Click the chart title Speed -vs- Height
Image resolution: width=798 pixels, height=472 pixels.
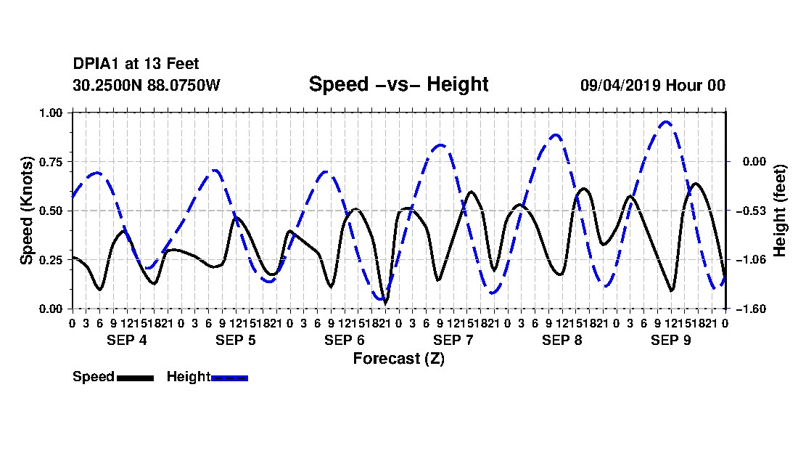398,84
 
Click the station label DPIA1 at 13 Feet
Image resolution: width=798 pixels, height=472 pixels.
136,64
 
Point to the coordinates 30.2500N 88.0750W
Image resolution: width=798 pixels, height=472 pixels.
147,85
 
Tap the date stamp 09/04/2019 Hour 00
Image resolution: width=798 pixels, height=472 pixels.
652,85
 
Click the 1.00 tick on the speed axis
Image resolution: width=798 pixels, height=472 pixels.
50,113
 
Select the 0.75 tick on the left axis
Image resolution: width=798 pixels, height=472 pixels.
50,162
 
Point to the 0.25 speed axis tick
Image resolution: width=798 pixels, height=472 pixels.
50,260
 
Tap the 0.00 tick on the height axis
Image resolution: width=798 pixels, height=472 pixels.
754,162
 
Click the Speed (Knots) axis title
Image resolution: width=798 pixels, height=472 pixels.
26,211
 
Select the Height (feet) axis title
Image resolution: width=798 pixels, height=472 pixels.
780,211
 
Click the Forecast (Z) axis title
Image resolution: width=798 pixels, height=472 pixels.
398,359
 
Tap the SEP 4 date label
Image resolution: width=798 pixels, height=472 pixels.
127,340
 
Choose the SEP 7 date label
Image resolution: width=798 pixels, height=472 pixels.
453,340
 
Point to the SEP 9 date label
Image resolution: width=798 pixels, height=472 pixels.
671,340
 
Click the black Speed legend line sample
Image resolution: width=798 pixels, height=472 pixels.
136,378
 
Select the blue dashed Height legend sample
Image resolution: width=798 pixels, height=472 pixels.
229,378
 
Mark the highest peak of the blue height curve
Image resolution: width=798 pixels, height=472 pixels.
666,122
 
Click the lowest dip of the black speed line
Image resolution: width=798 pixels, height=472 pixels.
385,304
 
